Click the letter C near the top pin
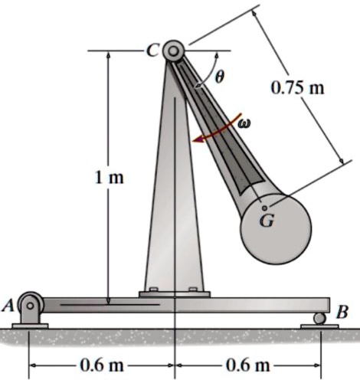coord(152,51)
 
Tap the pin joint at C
coord(173,51)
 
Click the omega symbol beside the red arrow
coord(244,123)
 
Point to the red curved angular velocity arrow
coord(218,132)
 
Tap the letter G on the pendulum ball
coord(265,222)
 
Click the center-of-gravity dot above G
coord(265,207)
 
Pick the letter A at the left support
coord(8,305)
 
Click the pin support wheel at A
coord(31,305)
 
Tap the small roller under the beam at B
coord(318,319)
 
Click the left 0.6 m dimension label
coord(102,364)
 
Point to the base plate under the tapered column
coord(174,293)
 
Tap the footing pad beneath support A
coord(30,326)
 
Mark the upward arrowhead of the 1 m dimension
coord(109,57)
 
